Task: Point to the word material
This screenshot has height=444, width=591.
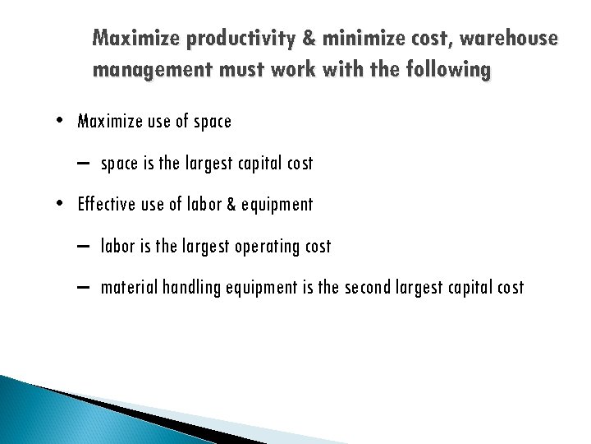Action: (x=130, y=288)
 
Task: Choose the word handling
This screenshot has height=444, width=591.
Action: (x=191, y=288)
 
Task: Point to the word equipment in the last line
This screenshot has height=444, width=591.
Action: (x=263, y=288)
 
